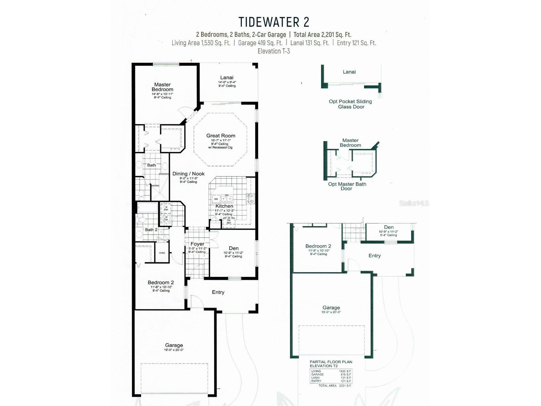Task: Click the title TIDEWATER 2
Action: tap(274, 22)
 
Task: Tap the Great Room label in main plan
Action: tap(221, 136)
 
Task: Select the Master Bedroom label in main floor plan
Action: tap(162, 87)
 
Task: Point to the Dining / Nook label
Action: tap(188, 174)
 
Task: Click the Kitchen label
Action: tap(224, 206)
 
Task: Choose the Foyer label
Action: tap(197, 244)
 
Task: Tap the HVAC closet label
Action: tap(162, 253)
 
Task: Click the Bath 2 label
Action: tap(151, 230)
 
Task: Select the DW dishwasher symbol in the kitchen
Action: tap(216, 199)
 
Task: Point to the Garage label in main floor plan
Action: tap(174, 345)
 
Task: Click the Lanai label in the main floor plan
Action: tap(227, 77)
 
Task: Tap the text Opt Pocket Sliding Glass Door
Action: tap(350, 104)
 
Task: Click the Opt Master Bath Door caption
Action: tap(347, 186)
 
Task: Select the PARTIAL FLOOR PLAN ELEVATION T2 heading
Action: tap(331, 364)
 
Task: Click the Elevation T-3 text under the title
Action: tap(274, 51)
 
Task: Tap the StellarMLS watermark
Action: tap(414, 203)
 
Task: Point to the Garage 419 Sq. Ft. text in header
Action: tap(260, 43)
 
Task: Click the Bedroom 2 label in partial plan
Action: tap(318, 246)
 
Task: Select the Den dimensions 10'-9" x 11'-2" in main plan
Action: tap(233, 253)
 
